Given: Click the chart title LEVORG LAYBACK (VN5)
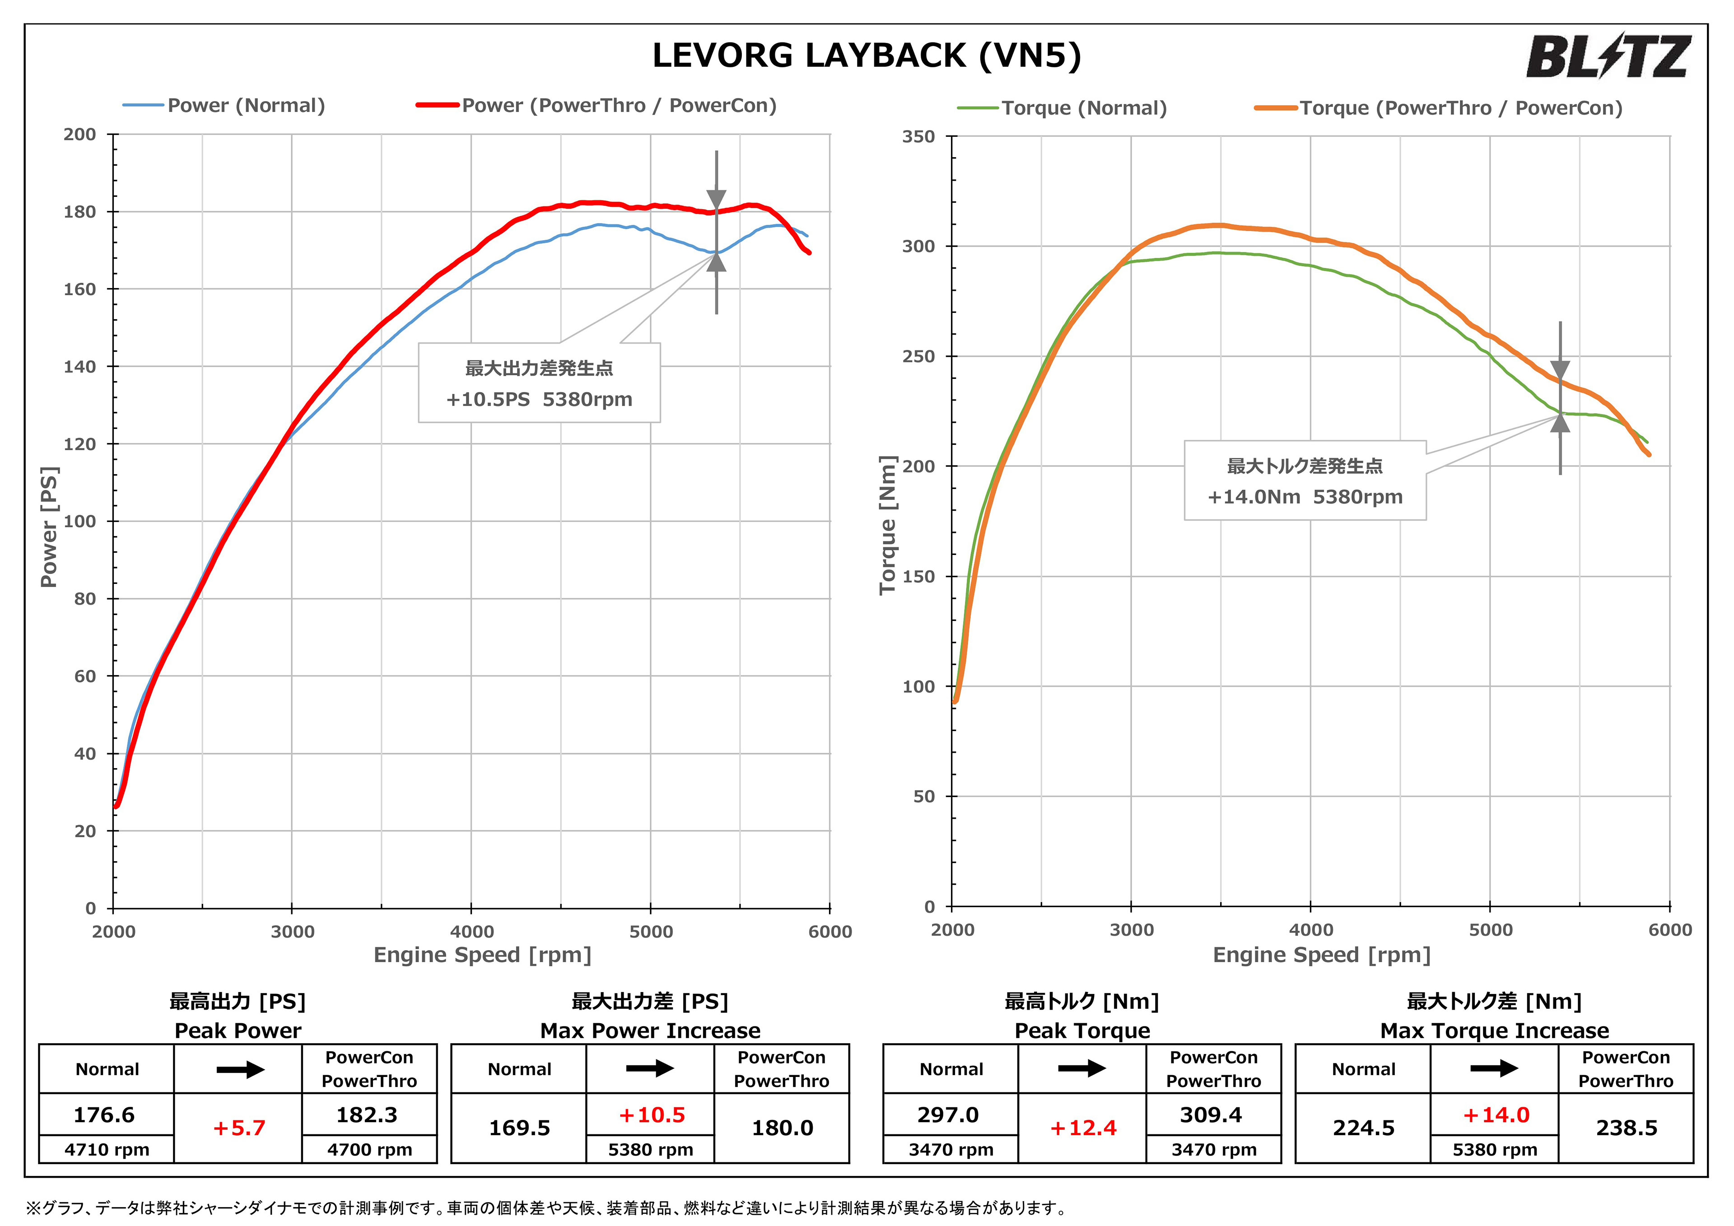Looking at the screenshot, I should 866,56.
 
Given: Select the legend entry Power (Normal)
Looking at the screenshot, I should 246,106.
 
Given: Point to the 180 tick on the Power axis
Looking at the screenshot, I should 80,212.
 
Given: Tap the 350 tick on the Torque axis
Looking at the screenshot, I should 918,137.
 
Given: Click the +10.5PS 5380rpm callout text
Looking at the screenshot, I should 539,400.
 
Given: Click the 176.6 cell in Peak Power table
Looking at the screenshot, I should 104,1115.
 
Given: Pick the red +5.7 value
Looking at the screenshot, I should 239,1128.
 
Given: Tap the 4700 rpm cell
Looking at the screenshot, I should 369,1150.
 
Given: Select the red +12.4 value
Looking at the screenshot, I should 1083,1128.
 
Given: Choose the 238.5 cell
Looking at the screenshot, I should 1626,1128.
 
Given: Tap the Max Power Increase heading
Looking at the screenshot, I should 650,1030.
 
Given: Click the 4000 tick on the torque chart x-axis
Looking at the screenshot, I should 1310,930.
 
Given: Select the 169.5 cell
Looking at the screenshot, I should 520,1128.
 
